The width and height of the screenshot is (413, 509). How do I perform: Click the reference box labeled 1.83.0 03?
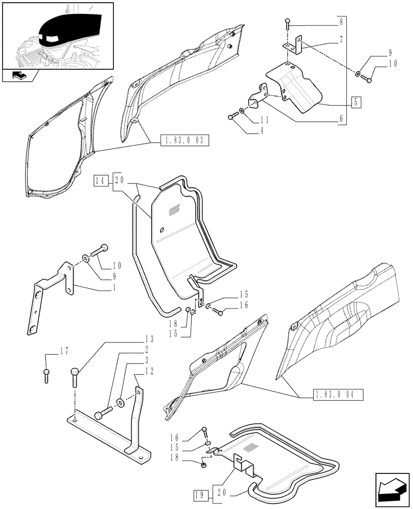[185, 140]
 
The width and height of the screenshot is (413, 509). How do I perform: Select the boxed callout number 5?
[356, 102]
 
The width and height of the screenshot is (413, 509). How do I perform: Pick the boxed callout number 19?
[200, 494]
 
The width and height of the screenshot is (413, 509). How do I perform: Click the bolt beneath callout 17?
[47, 377]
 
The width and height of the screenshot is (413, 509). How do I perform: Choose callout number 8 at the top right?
[341, 23]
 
